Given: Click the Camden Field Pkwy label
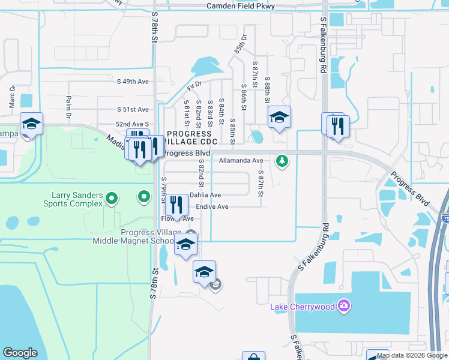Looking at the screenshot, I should [x=241, y=6].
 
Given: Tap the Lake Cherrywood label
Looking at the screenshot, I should [x=302, y=307].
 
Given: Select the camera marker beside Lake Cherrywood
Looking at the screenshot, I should [x=343, y=307].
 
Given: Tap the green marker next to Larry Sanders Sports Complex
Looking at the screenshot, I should [x=111, y=197].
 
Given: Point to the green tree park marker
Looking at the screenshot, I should [x=282, y=161].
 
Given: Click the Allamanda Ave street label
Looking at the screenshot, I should [x=241, y=161].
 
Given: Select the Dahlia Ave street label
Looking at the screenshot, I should [x=205, y=195].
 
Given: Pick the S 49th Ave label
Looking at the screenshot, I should [x=132, y=81].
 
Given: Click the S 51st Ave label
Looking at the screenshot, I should [x=132, y=109].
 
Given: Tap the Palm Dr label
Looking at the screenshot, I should [x=68, y=106].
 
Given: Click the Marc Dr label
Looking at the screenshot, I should [x=11, y=96].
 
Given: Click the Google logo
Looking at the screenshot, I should [x=20, y=353].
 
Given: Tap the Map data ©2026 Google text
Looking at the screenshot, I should [x=411, y=355].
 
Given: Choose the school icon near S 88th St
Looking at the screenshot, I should [x=279, y=117].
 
